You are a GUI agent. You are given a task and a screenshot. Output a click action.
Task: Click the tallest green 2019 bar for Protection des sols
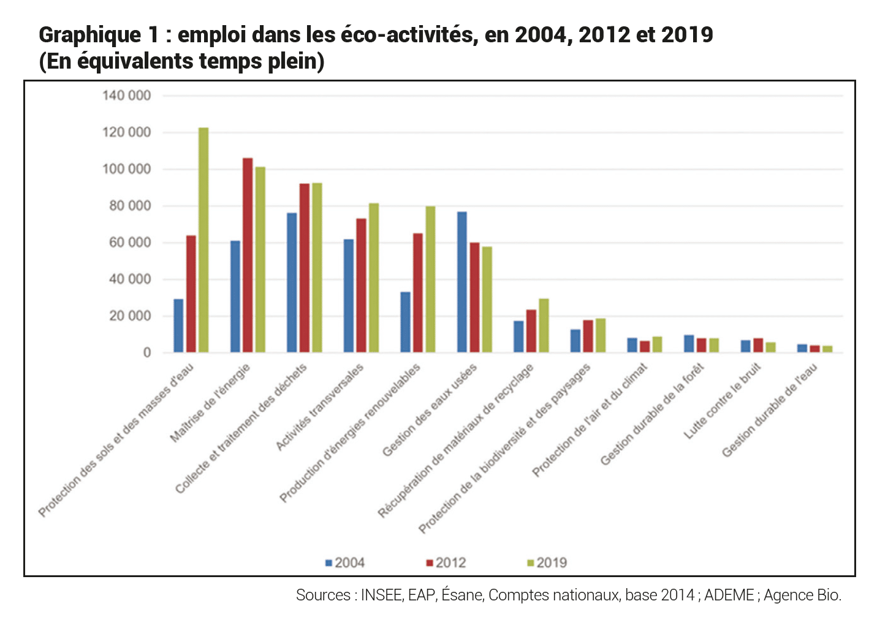[x=203, y=240]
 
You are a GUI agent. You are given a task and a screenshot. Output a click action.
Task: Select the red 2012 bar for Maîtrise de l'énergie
[x=248, y=255]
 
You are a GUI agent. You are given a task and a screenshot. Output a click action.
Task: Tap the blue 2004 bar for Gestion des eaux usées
[x=462, y=282]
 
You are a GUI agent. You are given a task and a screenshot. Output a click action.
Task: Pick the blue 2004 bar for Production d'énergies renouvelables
[x=405, y=322]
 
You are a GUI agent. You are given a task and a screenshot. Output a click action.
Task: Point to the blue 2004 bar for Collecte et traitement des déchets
[x=292, y=282]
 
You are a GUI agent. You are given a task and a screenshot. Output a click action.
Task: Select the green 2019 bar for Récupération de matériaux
[x=544, y=325]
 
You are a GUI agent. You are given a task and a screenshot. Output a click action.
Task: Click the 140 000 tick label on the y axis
[x=126, y=96]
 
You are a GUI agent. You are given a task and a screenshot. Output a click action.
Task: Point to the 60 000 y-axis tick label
[x=130, y=243]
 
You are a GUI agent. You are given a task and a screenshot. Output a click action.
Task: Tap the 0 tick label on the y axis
[x=147, y=353]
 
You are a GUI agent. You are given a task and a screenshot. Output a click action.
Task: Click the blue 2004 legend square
[x=329, y=562]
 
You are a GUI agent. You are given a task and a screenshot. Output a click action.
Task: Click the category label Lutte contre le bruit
[x=723, y=401]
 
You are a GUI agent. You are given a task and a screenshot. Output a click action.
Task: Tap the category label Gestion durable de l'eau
[x=769, y=410]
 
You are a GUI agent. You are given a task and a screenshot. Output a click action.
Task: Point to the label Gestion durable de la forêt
[x=651, y=414]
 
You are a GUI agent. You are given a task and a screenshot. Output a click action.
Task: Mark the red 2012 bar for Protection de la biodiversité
[x=588, y=336]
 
